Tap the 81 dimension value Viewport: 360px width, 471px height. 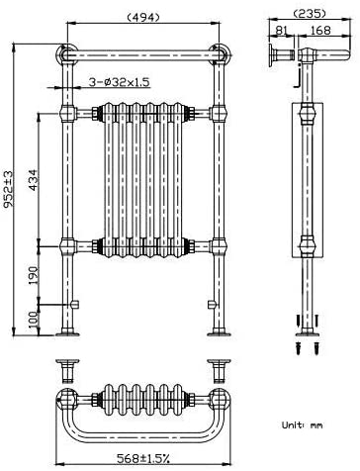(x=281, y=30)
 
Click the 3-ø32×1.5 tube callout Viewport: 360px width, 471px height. (x=121, y=82)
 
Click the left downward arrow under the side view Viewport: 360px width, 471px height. (x=296, y=321)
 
